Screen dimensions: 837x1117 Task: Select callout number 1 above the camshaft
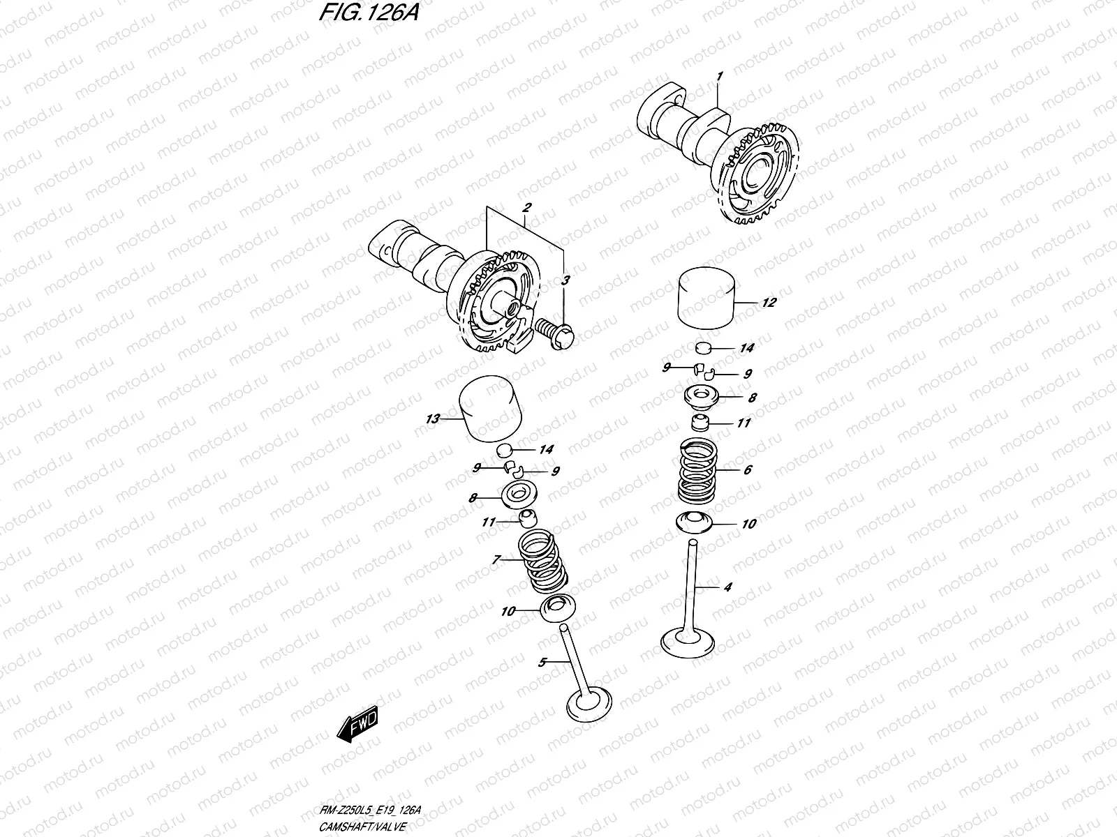[x=719, y=76]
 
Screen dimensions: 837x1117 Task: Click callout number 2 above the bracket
[x=526, y=149]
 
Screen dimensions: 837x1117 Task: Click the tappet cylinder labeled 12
[x=709, y=299]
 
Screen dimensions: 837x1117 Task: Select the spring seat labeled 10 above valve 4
[x=699, y=522]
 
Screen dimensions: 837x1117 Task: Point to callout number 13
[x=432, y=419]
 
